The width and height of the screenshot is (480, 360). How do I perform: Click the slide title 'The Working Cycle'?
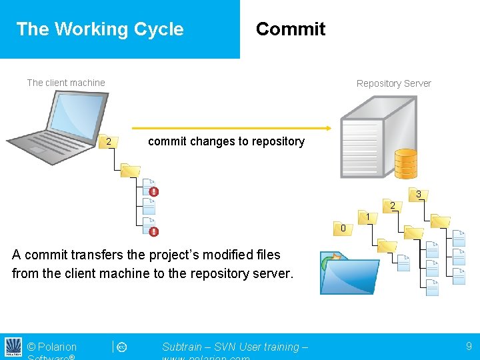(100, 29)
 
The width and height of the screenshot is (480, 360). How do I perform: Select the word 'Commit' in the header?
(291, 29)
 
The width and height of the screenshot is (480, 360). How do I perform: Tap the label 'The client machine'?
(66, 83)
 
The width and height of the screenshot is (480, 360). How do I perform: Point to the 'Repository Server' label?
(393, 83)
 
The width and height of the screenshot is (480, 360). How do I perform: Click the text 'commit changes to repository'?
(226, 141)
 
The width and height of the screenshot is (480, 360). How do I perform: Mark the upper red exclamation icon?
(154, 192)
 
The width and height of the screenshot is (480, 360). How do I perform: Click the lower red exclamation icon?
(154, 231)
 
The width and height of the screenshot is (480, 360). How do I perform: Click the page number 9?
(469, 346)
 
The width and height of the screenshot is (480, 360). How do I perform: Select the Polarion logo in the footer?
(13, 347)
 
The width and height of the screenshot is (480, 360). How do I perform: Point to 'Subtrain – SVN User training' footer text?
(235, 347)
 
